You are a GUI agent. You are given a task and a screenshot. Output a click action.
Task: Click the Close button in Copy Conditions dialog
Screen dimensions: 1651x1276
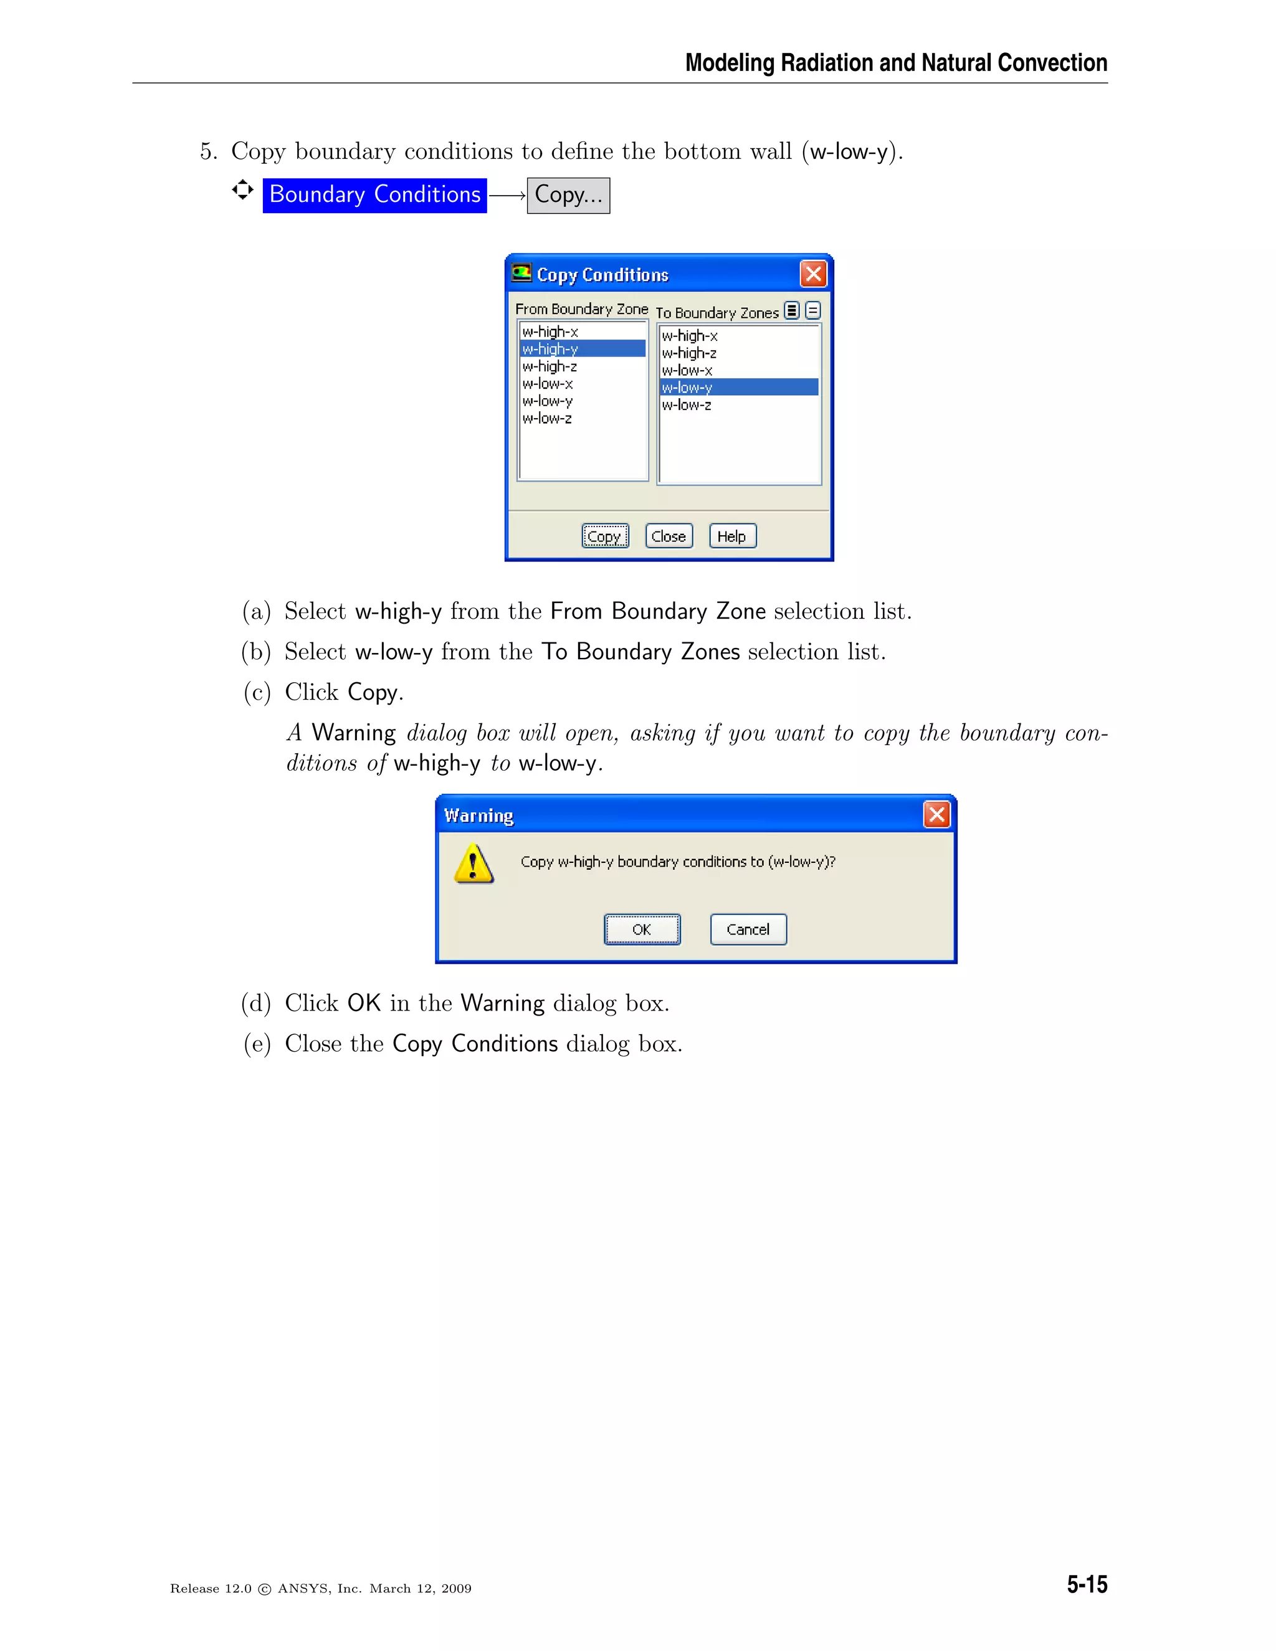(x=669, y=536)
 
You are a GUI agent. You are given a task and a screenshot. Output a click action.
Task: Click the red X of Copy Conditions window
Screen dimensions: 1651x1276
(x=813, y=274)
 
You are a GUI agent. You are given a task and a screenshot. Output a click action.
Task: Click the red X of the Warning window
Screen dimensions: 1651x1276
(x=936, y=814)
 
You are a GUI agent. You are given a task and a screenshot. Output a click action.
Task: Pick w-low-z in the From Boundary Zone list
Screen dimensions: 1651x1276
(x=547, y=418)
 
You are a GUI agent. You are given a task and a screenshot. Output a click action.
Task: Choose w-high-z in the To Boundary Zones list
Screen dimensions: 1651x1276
(x=690, y=353)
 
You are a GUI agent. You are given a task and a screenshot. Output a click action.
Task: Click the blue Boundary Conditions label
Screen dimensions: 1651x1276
(x=375, y=195)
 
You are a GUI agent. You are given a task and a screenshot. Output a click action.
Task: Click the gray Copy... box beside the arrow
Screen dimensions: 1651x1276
(x=568, y=195)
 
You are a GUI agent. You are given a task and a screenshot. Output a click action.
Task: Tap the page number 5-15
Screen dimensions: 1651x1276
(x=1086, y=1584)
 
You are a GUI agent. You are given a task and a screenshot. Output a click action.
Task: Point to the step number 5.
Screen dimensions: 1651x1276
(x=206, y=151)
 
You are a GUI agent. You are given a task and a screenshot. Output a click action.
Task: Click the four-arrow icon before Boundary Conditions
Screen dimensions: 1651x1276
(x=242, y=190)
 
